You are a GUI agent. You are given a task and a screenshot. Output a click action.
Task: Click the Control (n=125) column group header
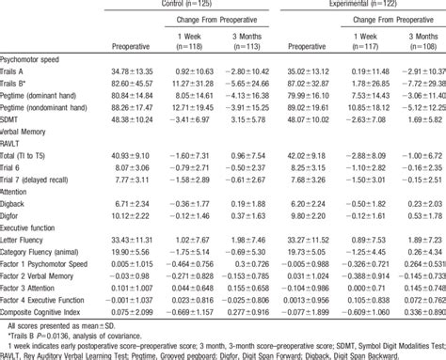tap(192, 6)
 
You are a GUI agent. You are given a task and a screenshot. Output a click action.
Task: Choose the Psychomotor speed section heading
tap(33, 57)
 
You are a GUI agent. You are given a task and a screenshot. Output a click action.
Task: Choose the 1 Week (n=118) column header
tap(190, 39)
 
